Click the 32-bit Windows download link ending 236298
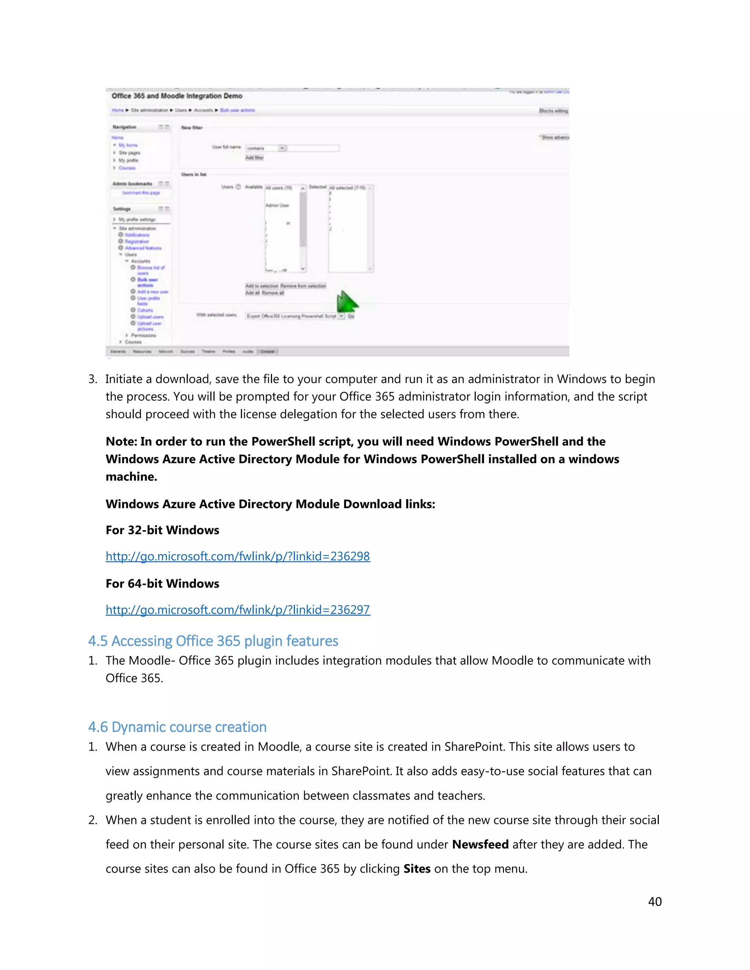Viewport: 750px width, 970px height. [238, 556]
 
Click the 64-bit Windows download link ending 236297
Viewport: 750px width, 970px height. [238, 609]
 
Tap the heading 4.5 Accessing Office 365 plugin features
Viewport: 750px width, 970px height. [213, 641]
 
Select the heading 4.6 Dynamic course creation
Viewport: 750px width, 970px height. [177, 727]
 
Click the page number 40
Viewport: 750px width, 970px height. [654, 901]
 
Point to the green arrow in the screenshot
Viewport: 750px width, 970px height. [346, 302]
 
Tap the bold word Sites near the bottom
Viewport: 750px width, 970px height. [416, 869]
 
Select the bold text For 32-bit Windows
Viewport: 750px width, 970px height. [162, 530]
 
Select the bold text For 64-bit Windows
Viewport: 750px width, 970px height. [162, 583]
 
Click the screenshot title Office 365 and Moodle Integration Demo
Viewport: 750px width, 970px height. [177, 96]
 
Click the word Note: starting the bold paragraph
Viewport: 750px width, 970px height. [121, 441]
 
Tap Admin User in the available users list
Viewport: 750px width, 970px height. [277, 205]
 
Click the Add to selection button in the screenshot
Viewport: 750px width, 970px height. [262, 286]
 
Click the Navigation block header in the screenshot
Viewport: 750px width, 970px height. [125, 127]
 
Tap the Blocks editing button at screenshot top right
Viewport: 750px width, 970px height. [554, 111]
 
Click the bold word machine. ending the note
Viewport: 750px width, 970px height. [131, 477]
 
